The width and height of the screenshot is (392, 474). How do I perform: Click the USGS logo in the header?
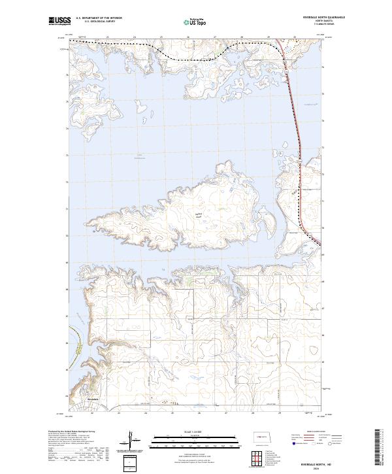[x=59, y=21]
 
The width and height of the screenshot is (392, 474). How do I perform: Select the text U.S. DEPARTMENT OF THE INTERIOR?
[x=99, y=18]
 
